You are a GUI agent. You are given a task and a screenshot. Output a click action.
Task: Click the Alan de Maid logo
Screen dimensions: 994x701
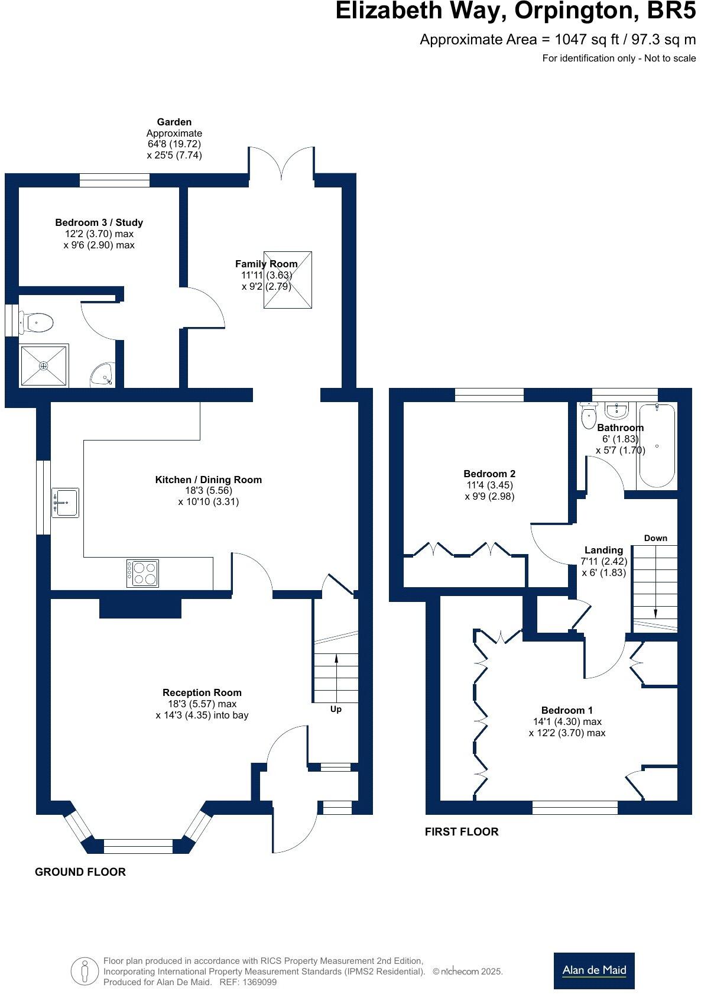[x=593, y=970]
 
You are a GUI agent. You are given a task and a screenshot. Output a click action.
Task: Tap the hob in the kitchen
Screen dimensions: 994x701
[x=142, y=573]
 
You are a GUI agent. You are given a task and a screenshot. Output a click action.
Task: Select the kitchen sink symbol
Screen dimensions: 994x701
[x=65, y=502]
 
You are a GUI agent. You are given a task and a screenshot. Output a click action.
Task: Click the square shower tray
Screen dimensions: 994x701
[x=44, y=366]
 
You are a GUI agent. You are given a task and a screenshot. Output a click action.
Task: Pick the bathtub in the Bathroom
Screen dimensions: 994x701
[x=656, y=445]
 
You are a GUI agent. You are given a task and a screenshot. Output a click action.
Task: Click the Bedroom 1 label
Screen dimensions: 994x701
[x=566, y=710]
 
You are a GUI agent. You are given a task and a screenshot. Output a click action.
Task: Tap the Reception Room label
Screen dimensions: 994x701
[x=202, y=692]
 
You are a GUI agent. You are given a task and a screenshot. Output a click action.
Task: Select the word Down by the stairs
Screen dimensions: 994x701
[x=655, y=538]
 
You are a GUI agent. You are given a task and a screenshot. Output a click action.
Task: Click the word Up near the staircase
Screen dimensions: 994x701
[x=335, y=709]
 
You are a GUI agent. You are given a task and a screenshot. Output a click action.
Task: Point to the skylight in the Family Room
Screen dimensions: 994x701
[x=287, y=280]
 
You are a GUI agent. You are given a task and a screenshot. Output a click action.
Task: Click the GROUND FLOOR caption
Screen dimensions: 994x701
[x=80, y=872]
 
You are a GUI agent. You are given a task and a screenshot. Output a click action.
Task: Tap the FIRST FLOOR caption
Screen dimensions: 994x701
[x=461, y=831]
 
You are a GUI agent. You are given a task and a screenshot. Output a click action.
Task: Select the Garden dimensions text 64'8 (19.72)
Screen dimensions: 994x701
[x=174, y=144]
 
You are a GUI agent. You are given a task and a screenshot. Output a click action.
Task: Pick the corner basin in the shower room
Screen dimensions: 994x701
[x=102, y=375]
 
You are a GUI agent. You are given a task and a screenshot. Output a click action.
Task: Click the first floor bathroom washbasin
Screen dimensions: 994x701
[x=616, y=410]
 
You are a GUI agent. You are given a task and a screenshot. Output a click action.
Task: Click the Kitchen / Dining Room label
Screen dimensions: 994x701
[x=208, y=480]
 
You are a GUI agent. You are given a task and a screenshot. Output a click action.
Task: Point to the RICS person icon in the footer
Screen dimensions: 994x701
[x=84, y=970]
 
